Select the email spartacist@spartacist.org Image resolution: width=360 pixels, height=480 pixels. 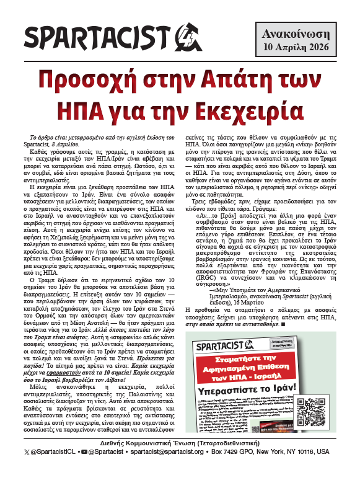coord(172,469)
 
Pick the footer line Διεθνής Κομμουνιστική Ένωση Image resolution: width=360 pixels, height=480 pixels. coord(180,460)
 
